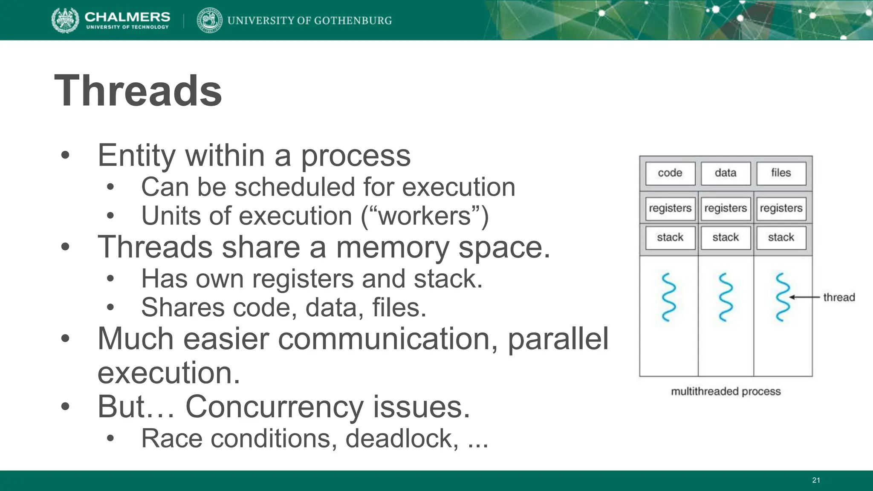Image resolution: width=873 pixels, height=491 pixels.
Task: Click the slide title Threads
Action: tap(138, 91)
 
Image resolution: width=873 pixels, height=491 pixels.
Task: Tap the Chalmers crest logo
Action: tap(65, 20)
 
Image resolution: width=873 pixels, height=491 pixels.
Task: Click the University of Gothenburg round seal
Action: tap(209, 20)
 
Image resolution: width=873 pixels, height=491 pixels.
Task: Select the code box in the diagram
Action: tap(670, 173)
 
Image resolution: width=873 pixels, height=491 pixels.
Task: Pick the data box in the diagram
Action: tap(726, 173)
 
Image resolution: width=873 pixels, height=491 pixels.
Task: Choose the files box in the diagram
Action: tap(781, 173)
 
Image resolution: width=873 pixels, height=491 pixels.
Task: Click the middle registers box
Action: tap(726, 208)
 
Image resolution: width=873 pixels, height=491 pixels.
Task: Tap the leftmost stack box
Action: tap(670, 237)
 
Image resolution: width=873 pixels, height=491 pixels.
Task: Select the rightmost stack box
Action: tap(781, 237)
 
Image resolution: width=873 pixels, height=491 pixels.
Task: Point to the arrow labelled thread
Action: tap(804, 297)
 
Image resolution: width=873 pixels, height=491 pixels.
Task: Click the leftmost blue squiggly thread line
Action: tap(669, 297)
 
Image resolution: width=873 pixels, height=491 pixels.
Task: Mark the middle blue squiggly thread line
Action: tap(726, 297)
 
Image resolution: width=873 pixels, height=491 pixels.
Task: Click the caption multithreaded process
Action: tap(726, 391)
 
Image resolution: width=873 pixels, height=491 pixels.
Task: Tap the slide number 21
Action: tap(816, 480)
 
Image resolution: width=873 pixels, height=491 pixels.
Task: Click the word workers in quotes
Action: tap(424, 216)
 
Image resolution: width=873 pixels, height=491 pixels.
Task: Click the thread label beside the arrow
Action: tap(838, 297)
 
